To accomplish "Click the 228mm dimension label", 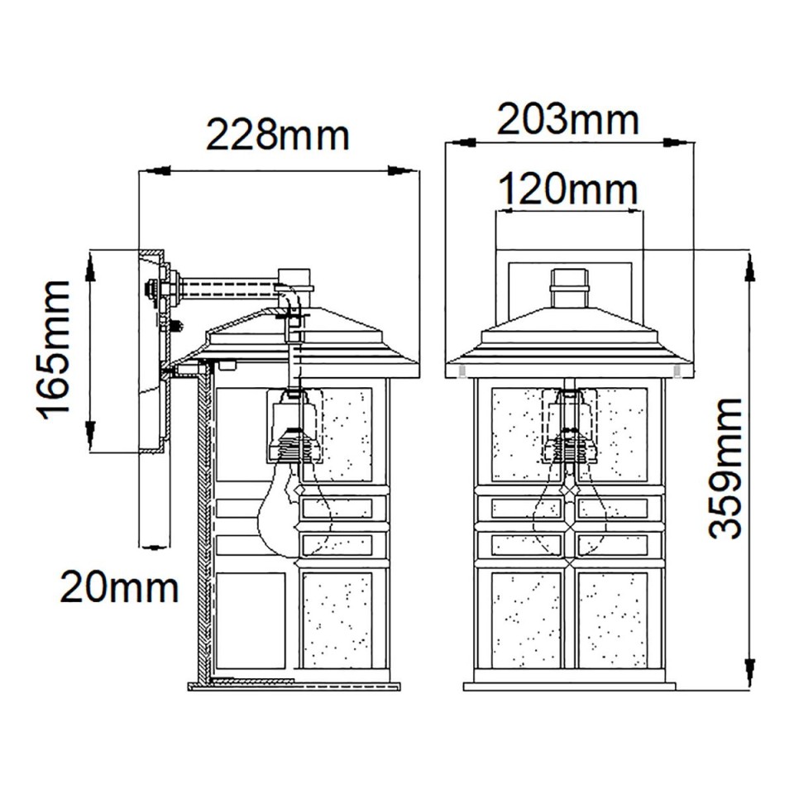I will point(277,135).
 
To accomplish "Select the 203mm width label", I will point(567,121).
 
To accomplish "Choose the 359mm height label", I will point(725,468).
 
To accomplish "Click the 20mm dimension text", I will point(119,588).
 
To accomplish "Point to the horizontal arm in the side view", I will point(227,289).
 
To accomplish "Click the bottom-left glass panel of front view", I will point(525,619).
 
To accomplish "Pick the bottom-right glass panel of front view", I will point(613,619).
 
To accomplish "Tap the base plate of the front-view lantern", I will point(569,686).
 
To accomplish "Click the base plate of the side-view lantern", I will point(294,685).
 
